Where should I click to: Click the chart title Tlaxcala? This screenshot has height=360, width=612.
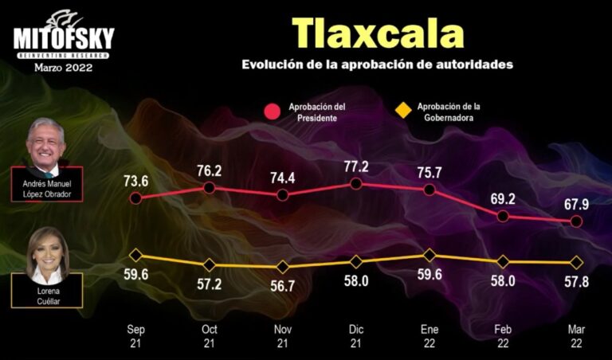click(x=378, y=33)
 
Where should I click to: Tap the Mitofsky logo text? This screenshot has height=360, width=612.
click(x=64, y=38)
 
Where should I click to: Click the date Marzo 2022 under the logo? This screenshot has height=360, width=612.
click(x=64, y=68)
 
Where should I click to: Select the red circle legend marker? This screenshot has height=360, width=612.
click(x=273, y=112)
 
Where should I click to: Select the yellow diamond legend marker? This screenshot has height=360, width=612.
click(x=404, y=110)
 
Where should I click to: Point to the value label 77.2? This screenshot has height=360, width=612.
click(x=356, y=166)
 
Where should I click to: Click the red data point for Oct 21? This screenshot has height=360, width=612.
click(x=209, y=188)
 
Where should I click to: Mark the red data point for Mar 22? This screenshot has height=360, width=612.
click(x=577, y=222)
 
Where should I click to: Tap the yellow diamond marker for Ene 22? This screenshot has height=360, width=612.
click(x=430, y=255)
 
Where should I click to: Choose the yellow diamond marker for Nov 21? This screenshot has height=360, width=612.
click(x=282, y=267)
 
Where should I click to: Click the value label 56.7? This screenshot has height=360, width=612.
click(x=282, y=286)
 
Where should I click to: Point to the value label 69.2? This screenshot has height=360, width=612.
click(x=503, y=199)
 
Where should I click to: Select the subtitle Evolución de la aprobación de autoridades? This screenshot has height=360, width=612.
click(x=378, y=65)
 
